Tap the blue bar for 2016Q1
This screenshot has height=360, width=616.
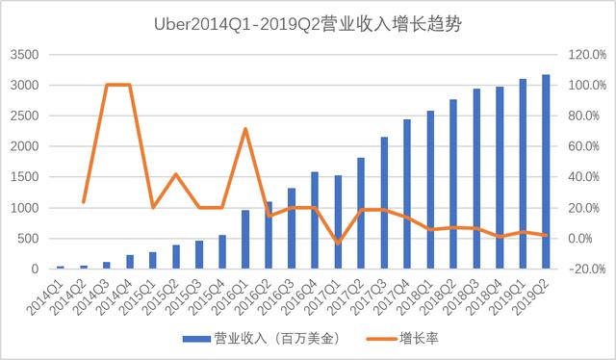(x=245, y=239)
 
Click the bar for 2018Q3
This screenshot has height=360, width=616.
(x=476, y=178)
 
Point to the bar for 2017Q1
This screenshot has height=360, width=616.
(x=338, y=221)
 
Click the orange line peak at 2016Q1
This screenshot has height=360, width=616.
(x=245, y=128)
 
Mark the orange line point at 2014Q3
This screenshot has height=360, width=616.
(x=107, y=85)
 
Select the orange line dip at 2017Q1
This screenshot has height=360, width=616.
(x=338, y=244)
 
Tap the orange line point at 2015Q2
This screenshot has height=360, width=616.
(x=176, y=174)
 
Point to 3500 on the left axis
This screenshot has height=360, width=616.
(x=25, y=55)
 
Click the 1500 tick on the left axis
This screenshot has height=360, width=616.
(x=25, y=177)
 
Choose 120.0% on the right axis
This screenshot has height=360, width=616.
(x=585, y=55)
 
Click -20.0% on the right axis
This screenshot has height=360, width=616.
(x=585, y=270)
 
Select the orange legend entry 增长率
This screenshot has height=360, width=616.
(x=404, y=340)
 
